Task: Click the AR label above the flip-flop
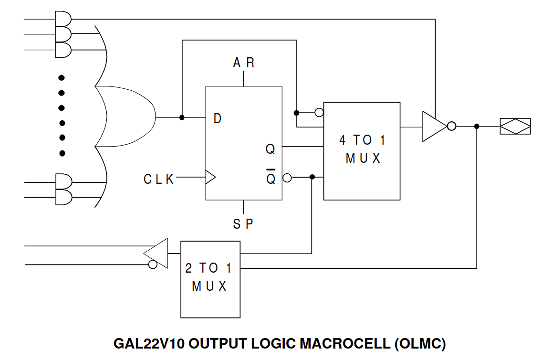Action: [244, 63]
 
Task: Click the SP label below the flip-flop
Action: [243, 223]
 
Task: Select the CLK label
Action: [159, 179]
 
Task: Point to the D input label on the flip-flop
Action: [218, 118]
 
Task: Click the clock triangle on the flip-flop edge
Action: [210, 177]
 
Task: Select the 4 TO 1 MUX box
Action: [362, 151]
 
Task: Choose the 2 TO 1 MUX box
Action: [210, 279]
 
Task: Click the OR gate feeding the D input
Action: [126, 117]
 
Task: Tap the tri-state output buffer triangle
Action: [432, 127]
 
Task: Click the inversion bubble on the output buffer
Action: [451, 127]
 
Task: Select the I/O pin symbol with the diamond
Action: [515, 127]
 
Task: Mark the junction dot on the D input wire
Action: [182, 117]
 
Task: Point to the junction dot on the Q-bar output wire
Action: [312, 177]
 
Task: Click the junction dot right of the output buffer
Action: [477, 127]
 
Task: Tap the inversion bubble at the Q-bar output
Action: [287, 178]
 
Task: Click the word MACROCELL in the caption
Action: [345, 343]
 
